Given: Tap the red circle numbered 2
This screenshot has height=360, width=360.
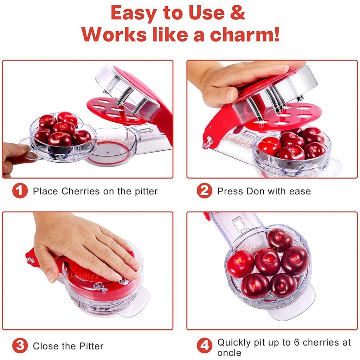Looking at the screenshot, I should tap(204, 191).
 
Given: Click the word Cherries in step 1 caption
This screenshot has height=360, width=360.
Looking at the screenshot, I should tap(81, 191).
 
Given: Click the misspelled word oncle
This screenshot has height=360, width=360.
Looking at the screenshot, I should tap(229, 352).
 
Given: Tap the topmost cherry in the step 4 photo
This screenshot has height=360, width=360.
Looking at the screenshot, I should tap(280, 239).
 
